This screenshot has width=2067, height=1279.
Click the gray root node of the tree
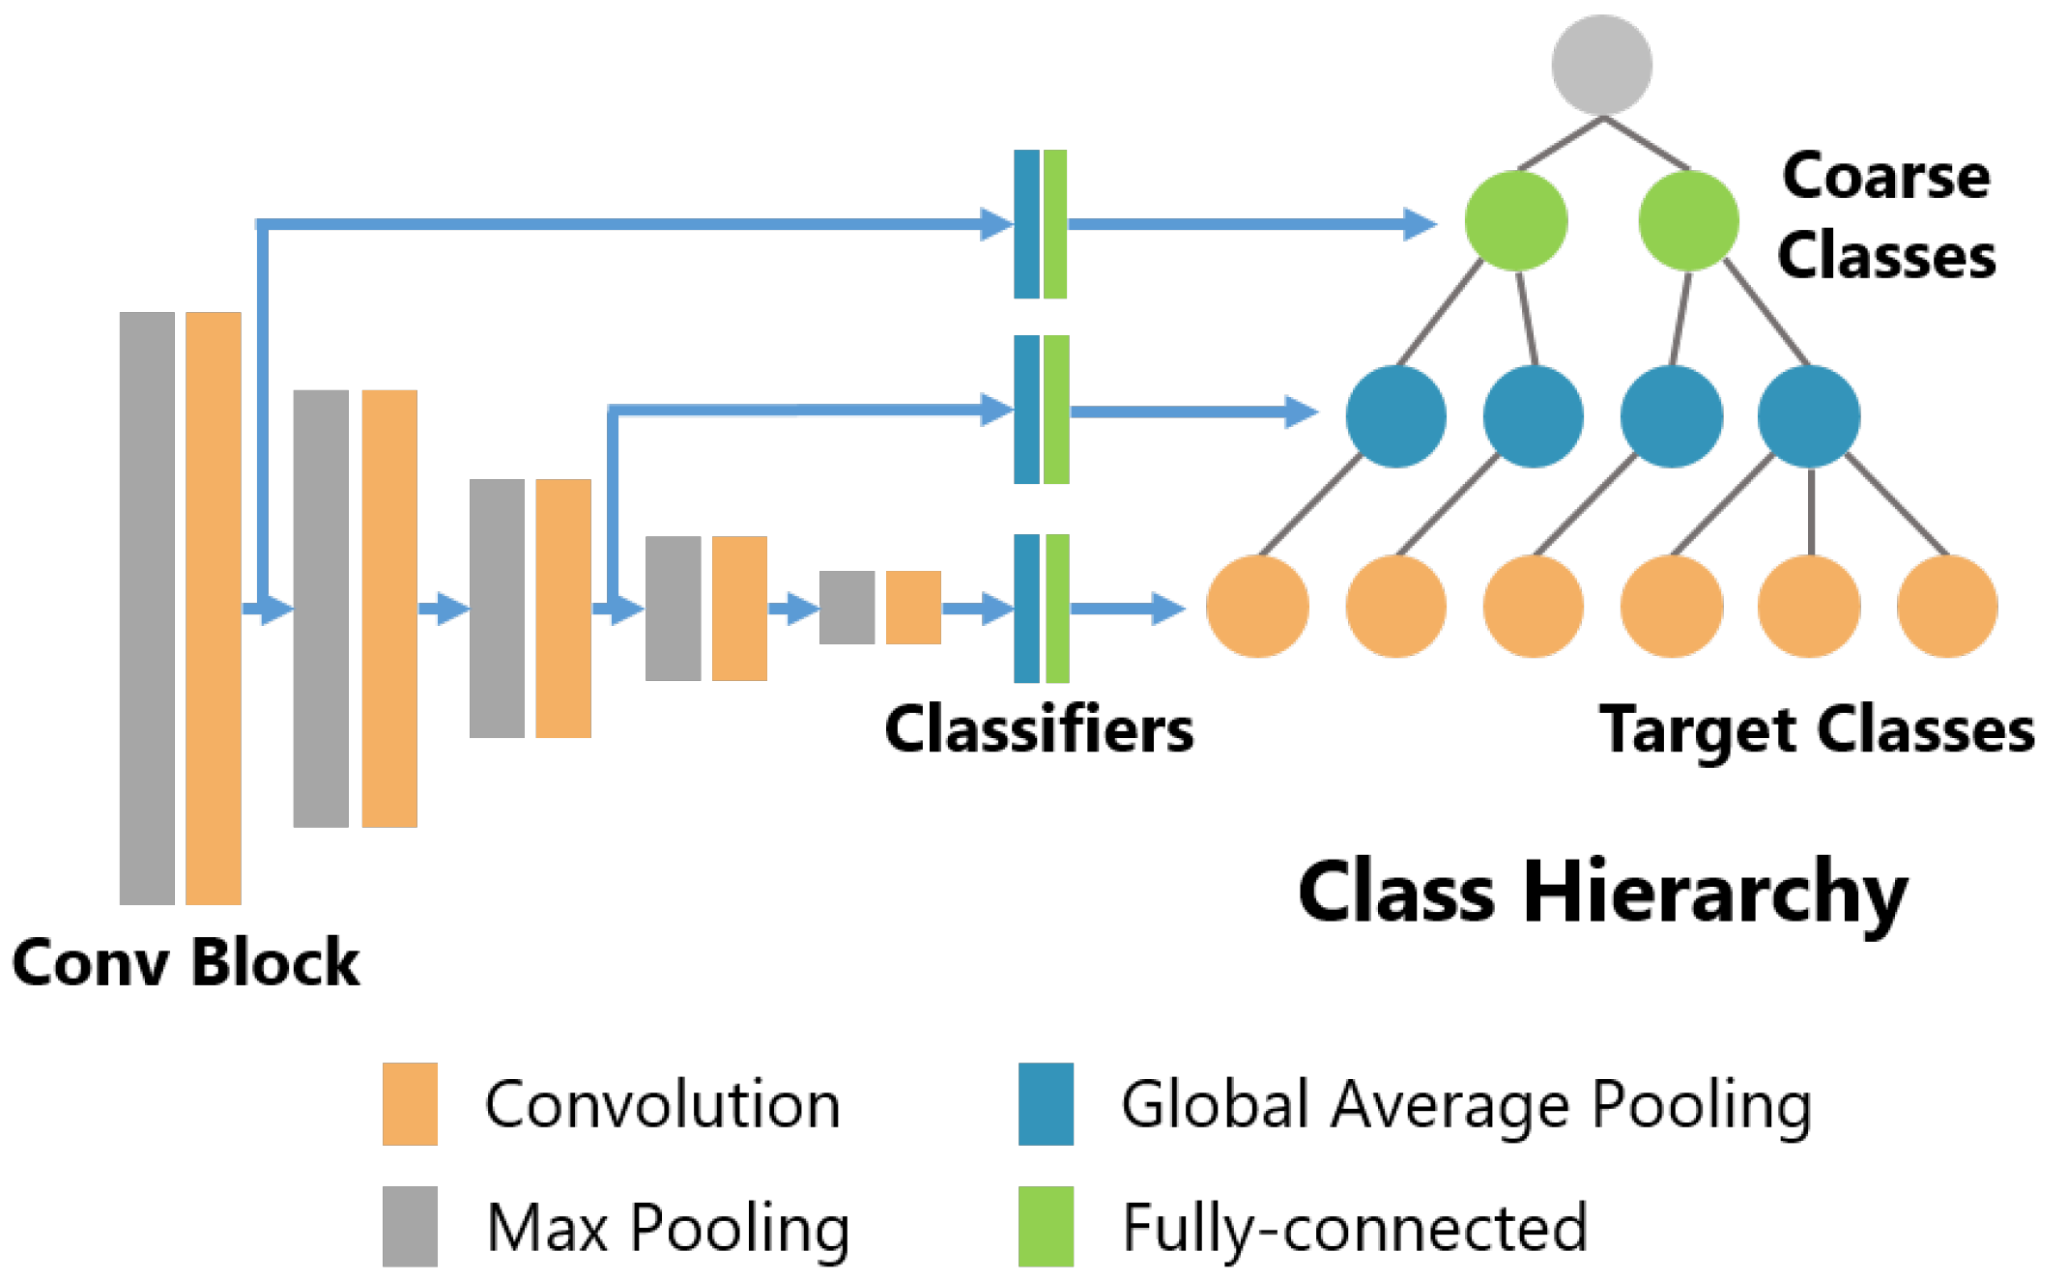click(1601, 65)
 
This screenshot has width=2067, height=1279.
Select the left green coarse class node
click(1515, 221)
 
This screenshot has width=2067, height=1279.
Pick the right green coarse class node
click(1688, 221)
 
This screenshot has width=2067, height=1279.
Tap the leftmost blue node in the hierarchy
click(1395, 416)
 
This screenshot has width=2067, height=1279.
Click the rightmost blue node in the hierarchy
click(1809, 416)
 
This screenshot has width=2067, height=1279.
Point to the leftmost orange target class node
click(1257, 607)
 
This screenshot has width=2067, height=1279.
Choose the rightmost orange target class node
click(1947, 607)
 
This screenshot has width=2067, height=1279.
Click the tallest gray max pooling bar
click(147, 609)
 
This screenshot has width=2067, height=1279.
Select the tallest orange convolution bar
click(214, 609)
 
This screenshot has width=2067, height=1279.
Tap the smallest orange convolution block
click(913, 608)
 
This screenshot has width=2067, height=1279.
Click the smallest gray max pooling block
click(847, 608)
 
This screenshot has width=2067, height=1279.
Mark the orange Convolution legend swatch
click(410, 1104)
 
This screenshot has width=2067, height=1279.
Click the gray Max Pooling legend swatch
click(410, 1226)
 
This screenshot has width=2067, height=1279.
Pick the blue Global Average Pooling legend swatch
click(1046, 1104)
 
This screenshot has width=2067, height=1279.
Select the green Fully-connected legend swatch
click(1046, 1226)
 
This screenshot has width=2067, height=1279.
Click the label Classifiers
click(1039, 728)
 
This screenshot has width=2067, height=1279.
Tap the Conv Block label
click(186, 962)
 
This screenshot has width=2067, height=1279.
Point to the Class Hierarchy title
click(1603, 893)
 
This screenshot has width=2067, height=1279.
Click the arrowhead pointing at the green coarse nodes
click(1420, 224)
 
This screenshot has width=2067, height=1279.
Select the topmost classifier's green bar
click(1055, 224)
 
